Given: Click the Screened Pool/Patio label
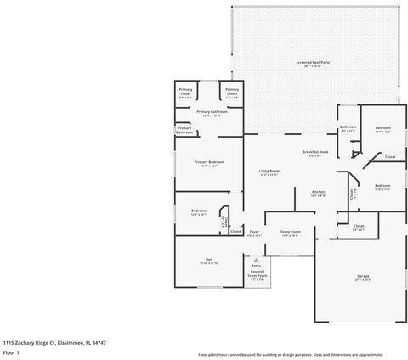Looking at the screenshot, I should click(x=314, y=64).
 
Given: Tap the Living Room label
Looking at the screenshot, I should click(x=269, y=172).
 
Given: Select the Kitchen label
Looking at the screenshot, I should click(x=319, y=194).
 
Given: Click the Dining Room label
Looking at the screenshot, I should click(x=291, y=233).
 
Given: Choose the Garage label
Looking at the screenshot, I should click(x=363, y=278).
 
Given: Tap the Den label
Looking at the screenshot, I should click(x=208, y=261).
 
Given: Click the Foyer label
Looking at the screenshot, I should click(x=253, y=233).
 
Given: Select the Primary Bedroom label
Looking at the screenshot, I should click(x=208, y=163).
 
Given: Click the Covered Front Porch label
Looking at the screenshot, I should click(x=257, y=275).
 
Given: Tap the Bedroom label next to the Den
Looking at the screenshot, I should click(x=199, y=212).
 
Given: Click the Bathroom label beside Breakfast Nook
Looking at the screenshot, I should click(x=348, y=130).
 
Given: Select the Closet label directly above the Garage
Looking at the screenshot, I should click(x=358, y=228).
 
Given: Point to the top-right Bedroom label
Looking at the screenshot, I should click(x=382, y=130).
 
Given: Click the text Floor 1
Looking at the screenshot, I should click(x=11, y=352).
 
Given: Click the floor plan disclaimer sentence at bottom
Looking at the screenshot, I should click(x=302, y=354).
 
